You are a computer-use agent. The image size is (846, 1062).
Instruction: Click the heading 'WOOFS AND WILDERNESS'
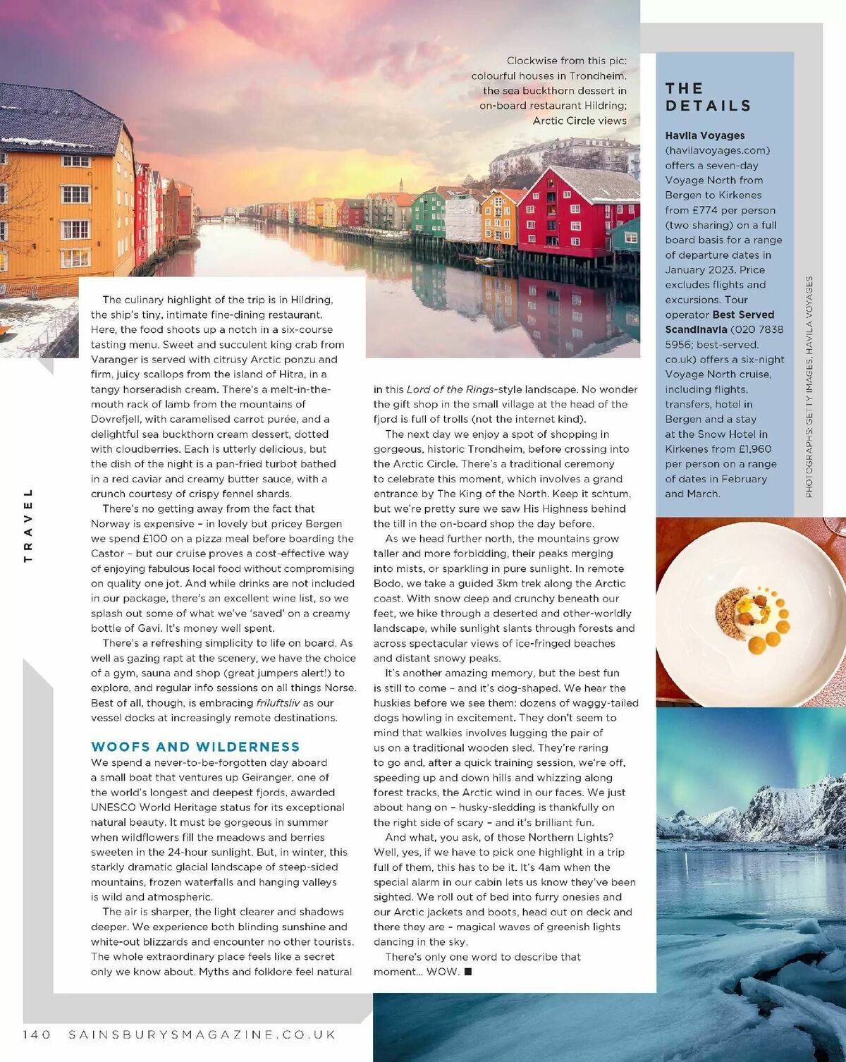[x=195, y=747]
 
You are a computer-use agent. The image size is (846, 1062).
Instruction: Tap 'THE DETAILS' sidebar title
[x=708, y=97]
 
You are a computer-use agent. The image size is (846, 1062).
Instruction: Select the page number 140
[x=37, y=1034]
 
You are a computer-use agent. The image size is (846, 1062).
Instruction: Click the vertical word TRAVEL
[x=28, y=525]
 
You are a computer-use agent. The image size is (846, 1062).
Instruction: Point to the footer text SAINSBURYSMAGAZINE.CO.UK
[x=202, y=1034]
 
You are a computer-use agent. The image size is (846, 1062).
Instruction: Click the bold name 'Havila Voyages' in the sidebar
[x=705, y=135]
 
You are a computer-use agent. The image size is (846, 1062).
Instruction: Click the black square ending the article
[x=468, y=972]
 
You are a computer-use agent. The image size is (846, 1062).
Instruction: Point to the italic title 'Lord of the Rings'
[x=450, y=389]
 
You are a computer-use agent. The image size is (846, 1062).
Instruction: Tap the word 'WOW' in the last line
[x=443, y=972]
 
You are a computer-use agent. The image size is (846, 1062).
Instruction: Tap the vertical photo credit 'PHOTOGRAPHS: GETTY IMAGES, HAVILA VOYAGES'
[x=809, y=386]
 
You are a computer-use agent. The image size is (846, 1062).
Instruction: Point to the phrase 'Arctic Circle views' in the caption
[x=580, y=121]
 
